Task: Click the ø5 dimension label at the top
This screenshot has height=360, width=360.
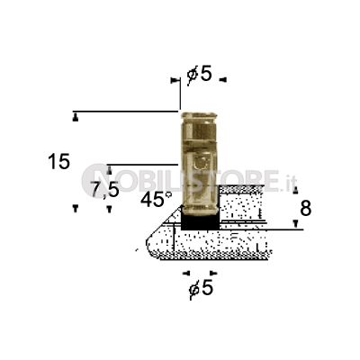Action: click(x=199, y=74)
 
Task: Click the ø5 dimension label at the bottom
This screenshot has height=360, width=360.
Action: click(x=201, y=288)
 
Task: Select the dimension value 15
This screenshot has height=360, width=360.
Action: click(x=58, y=161)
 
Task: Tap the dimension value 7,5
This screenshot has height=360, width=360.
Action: click(x=105, y=190)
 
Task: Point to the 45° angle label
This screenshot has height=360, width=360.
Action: click(x=157, y=200)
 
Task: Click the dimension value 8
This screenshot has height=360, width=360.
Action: click(x=305, y=209)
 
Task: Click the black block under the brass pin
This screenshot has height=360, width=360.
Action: click(x=200, y=222)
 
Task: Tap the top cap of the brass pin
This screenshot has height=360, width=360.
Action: click(x=199, y=115)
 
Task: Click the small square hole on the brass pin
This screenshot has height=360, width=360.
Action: click(x=201, y=163)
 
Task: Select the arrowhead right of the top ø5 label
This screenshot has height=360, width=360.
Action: click(x=223, y=80)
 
